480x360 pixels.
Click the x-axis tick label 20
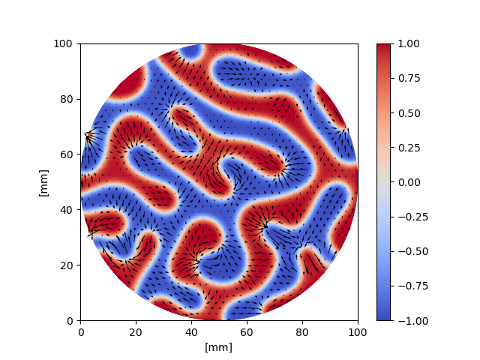[136, 331]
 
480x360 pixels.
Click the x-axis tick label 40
[192, 331]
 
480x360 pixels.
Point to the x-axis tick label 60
[247, 331]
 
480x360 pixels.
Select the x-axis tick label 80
[303, 331]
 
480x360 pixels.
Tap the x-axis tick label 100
[358, 331]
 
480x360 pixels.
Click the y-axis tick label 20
[67, 265]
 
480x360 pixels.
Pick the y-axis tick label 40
[67, 210]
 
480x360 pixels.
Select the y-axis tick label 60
[67, 154]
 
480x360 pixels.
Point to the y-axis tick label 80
[67, 99]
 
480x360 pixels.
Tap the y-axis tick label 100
[65, 43]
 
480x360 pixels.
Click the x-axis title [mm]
[219, 347]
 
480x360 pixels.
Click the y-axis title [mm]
[43, 182]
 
